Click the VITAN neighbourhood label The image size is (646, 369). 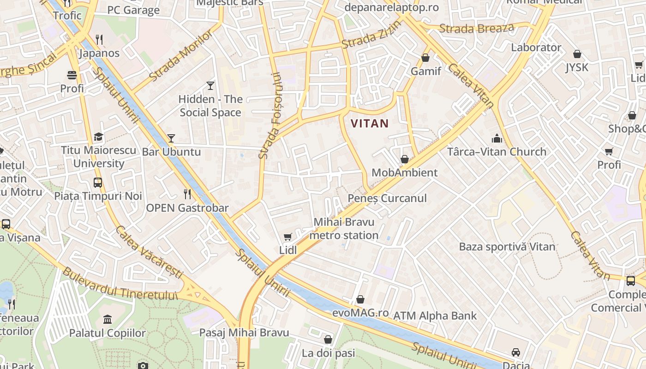coord(370,124)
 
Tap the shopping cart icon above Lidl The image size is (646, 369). coord(288,237)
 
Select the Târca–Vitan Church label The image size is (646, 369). coord(496,152)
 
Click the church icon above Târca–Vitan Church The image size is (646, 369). coord(496,138)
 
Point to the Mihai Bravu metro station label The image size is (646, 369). coord(344,229)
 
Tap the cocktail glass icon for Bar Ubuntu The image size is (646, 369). coord(171,138)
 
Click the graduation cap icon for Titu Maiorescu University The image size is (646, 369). coord(98,137)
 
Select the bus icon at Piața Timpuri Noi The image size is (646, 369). coord(98,182)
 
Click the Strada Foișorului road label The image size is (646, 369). coord(270,116)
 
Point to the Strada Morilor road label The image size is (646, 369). coord(182,55)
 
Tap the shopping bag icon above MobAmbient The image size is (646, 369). coord(405,159)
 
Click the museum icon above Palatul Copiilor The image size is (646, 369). coord(108,319)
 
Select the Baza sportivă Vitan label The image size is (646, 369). coord(507,247)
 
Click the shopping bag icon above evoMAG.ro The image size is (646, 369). coord(360,299)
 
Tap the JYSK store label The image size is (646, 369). coord(577,67)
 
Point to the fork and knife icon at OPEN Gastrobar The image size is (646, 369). coord(187,194)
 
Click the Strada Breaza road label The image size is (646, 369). coord(476,29)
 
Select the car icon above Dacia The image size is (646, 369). coord(516,352)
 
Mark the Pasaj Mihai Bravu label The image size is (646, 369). coord(244,333)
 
